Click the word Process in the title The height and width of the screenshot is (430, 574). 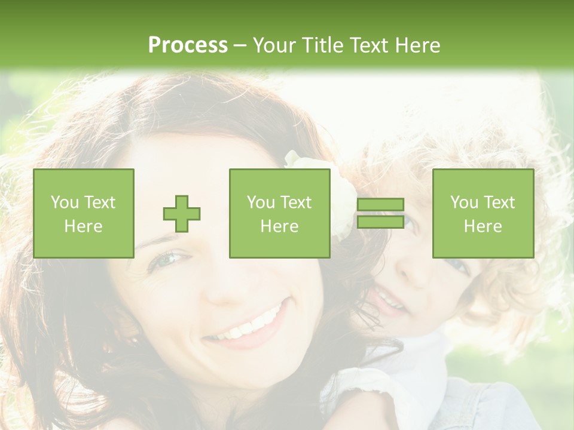(x=188, y=45)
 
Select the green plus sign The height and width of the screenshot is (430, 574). (x=182, y=214)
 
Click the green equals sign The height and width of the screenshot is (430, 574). (x=380, y=214)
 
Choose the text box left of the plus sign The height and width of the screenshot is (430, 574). (x=84, y=214)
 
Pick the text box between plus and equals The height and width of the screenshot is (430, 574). (x=280, y=214)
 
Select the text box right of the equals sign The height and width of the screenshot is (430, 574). (x=483, y=214)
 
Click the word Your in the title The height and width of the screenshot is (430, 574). (x=274, y=45)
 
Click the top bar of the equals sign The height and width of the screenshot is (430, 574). (x=380, y=205)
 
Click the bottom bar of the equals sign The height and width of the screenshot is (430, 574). (x=380, y=222)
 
